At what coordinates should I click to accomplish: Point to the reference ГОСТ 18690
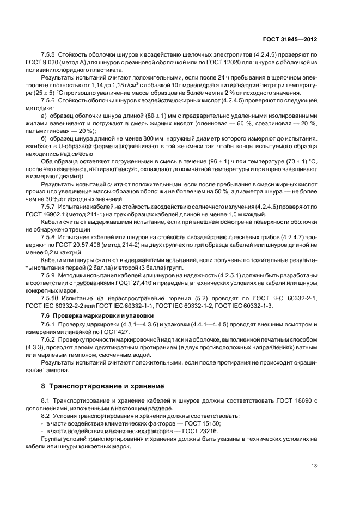click(x=292, y=400)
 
